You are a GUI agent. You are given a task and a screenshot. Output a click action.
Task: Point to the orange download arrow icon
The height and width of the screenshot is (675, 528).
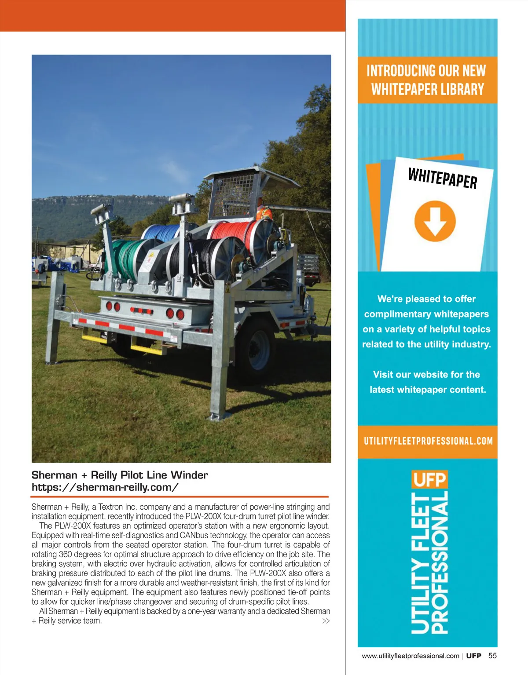(435, 221)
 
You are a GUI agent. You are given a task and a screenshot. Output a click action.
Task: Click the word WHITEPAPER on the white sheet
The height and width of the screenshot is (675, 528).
(442, 178)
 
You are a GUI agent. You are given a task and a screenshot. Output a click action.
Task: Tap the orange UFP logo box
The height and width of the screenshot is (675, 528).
(429, 479)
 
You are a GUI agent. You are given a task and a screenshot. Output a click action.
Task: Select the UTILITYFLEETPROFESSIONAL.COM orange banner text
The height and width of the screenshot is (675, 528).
(428, 441)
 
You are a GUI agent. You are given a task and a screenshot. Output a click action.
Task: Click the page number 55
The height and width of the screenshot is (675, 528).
(492, 656)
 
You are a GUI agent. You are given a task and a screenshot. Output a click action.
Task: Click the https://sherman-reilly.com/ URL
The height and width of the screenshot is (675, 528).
(105, 487)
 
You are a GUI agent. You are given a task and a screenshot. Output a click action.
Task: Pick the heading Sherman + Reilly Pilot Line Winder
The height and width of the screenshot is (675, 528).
(120, 475)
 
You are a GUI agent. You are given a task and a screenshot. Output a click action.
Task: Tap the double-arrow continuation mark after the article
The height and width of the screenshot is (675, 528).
(326, 621)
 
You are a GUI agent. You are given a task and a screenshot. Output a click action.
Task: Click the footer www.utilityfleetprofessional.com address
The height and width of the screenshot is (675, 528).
(410, 656)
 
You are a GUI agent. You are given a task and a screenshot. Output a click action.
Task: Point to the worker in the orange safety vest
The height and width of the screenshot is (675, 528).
(264, 210)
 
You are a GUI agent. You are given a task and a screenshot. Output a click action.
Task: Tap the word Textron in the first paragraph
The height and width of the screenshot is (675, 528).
(110, 507)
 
